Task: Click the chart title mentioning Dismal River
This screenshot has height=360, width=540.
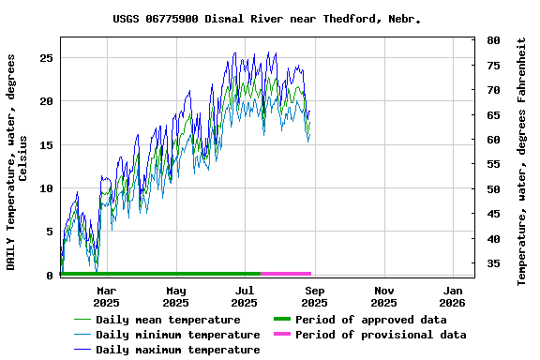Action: (x=267, y=19)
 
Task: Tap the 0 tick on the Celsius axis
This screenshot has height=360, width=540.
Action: (x=49, y=275)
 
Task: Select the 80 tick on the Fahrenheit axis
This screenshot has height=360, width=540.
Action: (x=493, y=41)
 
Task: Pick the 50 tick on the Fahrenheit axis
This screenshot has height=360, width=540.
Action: (x=493, y=189)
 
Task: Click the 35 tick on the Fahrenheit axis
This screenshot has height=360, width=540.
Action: (x=493, y=263)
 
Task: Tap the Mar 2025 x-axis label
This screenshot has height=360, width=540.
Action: (x=106, y=296)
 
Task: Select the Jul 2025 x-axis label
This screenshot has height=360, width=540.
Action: (x=245, y=296)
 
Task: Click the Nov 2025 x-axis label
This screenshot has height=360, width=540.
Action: (x=383, y=296)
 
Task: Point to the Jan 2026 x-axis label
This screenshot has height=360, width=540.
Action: (x=452, y=296)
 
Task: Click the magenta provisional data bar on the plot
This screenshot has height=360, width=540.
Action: (x=286, y=274)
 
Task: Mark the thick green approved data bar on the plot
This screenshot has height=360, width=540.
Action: (x=159, y=274)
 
